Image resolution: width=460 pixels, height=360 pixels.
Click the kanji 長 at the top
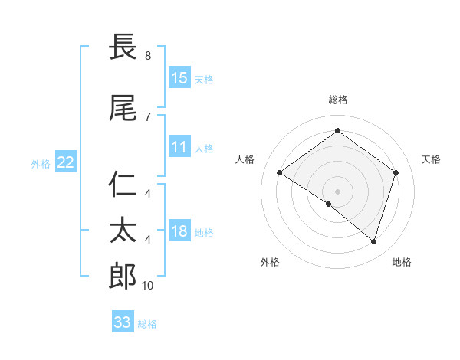pyautogui.click(x=123, y=47)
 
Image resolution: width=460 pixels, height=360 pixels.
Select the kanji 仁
pyautogui.click(x=123, y=185)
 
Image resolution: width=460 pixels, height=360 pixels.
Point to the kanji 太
pyautogui.click(x=123, y=231)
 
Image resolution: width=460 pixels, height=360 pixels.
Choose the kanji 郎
pyautogui.click(x=123, y=276)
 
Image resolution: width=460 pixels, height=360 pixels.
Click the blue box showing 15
pyautogui.click(x=179, y=77)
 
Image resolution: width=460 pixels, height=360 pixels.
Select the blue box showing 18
pyautogui.click(x=179, y=231)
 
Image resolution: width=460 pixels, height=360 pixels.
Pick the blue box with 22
pyautogui.click(x=66, y=162)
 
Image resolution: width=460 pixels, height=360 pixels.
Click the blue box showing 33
pyautogui.click(x=123, y=322)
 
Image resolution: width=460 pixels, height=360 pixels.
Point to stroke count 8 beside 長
pyautogui.click(x=148, y=55)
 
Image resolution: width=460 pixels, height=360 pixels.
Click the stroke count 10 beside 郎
pyautogui.click(x=148, y=285)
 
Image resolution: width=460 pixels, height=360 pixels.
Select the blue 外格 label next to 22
pyautogui.click(x=41, y=163)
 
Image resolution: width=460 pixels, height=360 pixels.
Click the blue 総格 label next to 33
pyautogui.click(x=147, y=324)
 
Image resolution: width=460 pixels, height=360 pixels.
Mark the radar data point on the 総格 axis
pyautogui.click(x=337, y=131)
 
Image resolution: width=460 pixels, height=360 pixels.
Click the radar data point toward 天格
pyautogui.click(x=396, y=172)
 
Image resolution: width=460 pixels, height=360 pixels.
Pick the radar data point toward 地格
pyautogui.click(x=373, y=241)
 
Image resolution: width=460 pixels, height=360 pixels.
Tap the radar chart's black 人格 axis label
pyautogui.click(x=245, y=159)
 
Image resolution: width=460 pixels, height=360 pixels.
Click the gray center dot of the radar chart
pyautogui.click(x=337, y=191)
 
